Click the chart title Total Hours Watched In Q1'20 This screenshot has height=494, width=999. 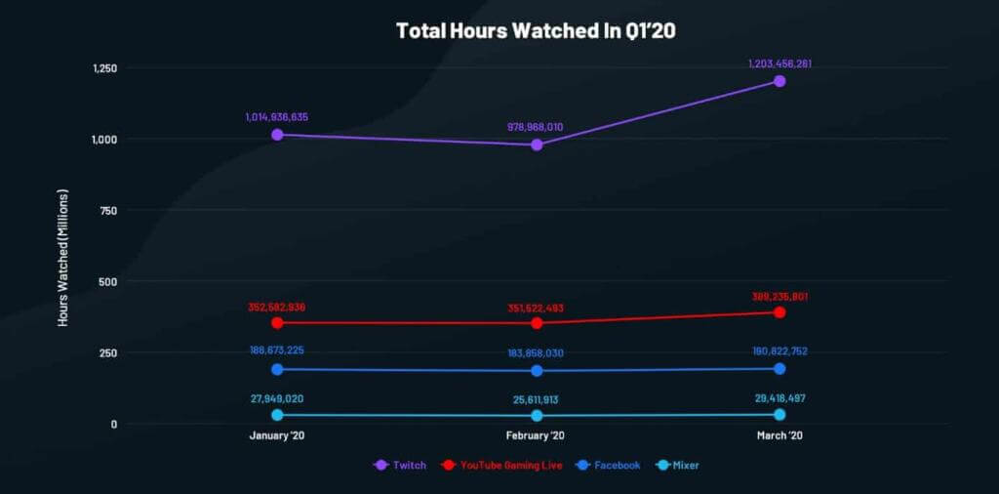pyautogui.click(x=536, y=30)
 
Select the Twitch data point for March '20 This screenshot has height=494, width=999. pyautogui.click(x=779, y=81)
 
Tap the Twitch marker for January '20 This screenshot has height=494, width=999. pyautogui.click(x=277, y=135)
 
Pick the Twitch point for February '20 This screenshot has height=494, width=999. pyautogui.click(x=537, y=144)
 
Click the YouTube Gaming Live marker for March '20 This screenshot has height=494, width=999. pyautogui.click(x=779, y=312)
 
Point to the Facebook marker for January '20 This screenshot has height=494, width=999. pyautogui.click(x=277, y=369)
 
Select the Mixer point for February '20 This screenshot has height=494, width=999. pyautogui.click(x=537, y=416)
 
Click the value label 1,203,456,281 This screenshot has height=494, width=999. pyautogui.click(x=779, y=64)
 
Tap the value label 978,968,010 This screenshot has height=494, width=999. pyautogui.click(x=537, y=127)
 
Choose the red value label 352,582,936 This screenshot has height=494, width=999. pyautogui.click(x=277, y=307)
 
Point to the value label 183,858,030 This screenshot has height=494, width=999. pyautogui.click(x=537, y=353)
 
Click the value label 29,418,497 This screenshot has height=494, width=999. pyautogui.click(x=779, y=399)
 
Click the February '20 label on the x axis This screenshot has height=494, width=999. pyautogui.click(x=537, y=436)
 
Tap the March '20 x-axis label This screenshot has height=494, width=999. pyautogui.click(x=779, y=436)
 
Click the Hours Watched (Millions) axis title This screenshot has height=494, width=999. pyautogui.click(x=63, y=256)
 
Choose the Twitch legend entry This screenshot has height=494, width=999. pyautogui.click(x=401, y=466)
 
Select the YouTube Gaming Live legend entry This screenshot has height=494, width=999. pyautogui.click(x=503, y=466)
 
